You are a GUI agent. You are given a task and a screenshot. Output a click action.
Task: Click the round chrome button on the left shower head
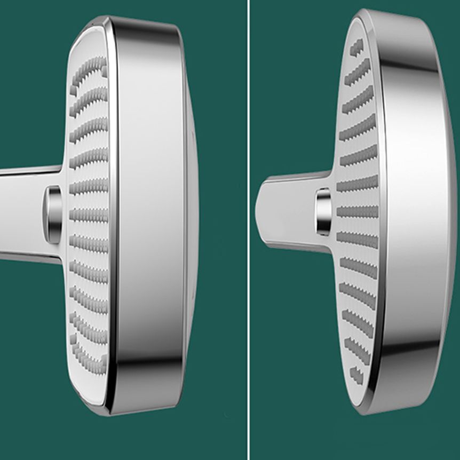[x=53, y=215]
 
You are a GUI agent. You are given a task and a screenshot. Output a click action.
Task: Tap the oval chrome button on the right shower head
[x=324, y=212]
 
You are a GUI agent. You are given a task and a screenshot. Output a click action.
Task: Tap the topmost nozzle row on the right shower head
[x=356, y=47]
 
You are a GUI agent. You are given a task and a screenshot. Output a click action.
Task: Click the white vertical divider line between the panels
[x=248, y=229]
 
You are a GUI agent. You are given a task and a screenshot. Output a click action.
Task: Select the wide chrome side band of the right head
[x=414, y=213]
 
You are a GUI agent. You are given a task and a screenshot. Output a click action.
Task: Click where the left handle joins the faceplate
[x=65, y=213]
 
